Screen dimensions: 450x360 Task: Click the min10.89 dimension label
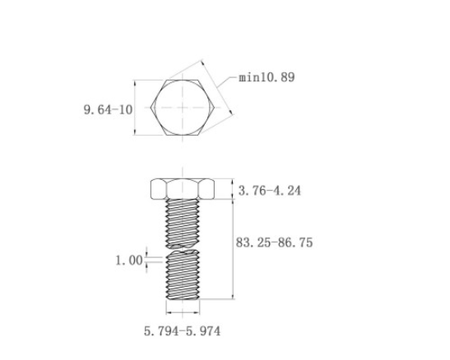(x=267, y=77)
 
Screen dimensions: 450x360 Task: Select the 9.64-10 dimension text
(x=109, y=110)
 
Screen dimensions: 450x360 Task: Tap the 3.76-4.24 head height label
(x=270, y=191)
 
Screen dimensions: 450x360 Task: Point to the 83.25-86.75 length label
(x=275, y=242)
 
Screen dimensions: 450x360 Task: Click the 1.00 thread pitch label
(x=129, y=261)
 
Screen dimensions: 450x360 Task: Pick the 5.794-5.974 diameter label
(x=183, y=331)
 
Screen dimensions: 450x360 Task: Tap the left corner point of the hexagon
(x=151, y=108)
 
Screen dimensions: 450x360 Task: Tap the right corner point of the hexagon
(x=215, y=108)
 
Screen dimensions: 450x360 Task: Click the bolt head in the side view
(x=183, y=189)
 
